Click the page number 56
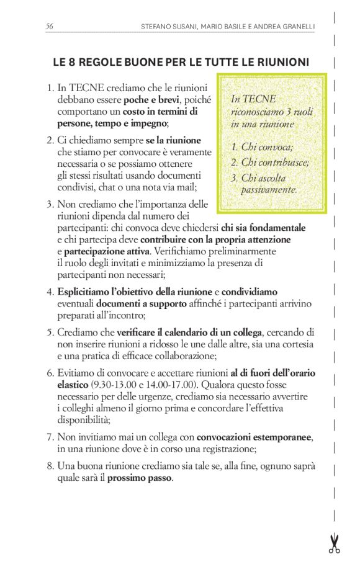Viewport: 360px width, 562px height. point(49,26)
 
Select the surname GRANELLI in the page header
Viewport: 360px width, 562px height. point(294,27)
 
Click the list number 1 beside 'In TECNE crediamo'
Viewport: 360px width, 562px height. point(50,89)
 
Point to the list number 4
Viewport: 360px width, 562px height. point(50,292)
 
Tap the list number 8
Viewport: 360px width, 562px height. point(50,466)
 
